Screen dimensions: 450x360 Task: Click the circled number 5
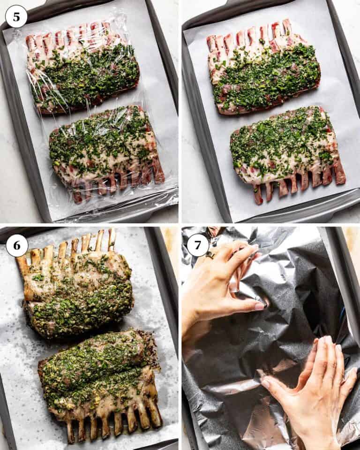click(16, 16)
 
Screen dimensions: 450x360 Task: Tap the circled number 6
click(16, 245)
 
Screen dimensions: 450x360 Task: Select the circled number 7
click(197, 245)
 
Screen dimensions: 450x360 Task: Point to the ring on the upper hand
click(210, 255)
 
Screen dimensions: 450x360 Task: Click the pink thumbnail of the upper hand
click(259, 306)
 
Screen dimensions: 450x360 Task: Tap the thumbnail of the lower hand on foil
click(266, 383)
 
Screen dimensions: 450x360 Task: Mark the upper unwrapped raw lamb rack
click(263, 68)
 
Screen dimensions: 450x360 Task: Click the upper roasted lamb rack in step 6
click(75, 286)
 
